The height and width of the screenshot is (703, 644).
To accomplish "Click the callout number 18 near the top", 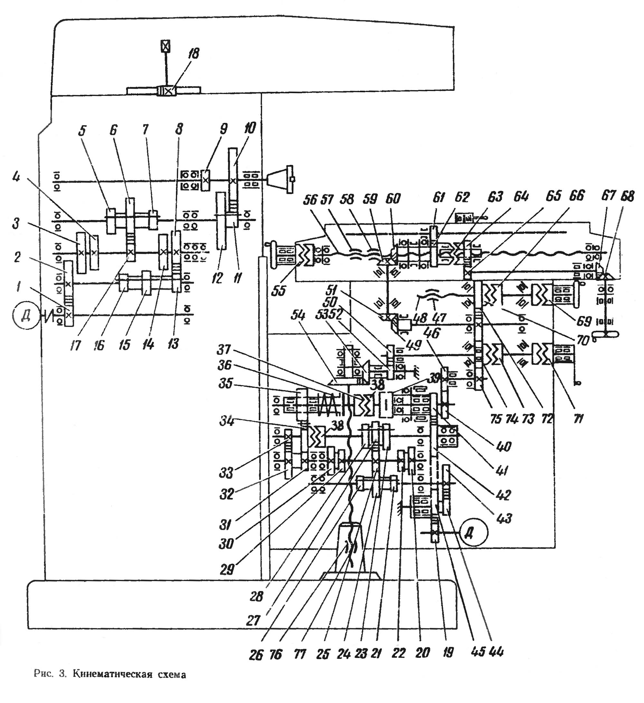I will point(194,54).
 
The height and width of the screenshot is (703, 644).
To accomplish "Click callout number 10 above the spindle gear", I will point(250,128).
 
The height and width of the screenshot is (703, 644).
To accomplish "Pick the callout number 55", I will point(279,291).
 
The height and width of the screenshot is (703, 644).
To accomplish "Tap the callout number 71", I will point(578,418).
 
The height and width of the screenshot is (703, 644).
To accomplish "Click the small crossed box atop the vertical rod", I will point(166,46).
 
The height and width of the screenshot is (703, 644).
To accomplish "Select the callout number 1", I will point(18,287).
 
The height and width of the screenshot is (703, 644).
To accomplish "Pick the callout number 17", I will point(75,345).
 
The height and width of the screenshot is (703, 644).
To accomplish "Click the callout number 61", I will point(439,198).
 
